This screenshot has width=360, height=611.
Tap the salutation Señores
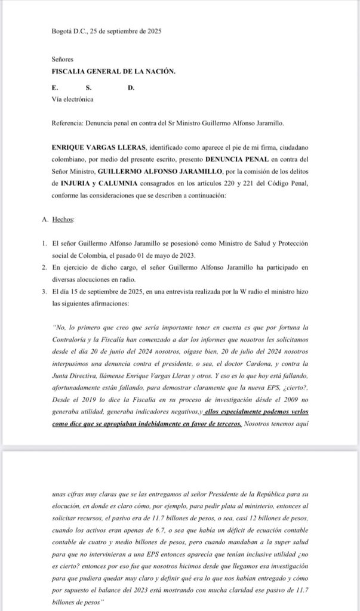coord(62,60)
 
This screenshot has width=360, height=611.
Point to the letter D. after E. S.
coord(131,88)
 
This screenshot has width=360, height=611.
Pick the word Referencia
coord(67,123)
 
